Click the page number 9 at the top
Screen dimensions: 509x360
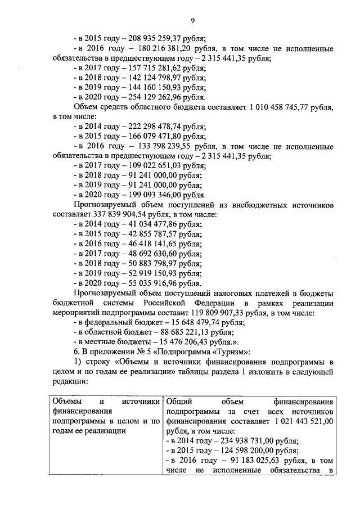point(192,21)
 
